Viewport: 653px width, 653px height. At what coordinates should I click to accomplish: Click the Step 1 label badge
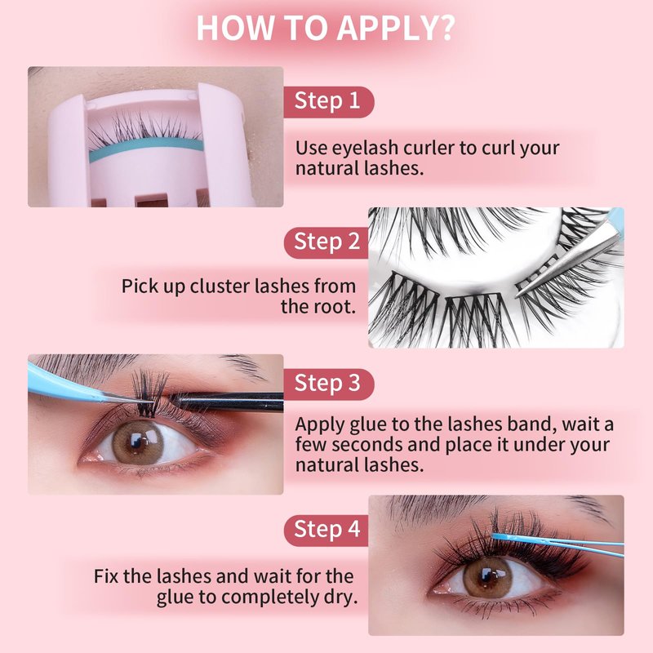[329, 102]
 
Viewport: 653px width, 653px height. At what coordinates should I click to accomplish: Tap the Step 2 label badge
[326, 242]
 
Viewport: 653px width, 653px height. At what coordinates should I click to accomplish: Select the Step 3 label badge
[329, 384]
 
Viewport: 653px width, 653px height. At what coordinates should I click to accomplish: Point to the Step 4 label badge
[326, 530]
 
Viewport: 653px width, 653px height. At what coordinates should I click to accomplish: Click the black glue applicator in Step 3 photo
[227, 402]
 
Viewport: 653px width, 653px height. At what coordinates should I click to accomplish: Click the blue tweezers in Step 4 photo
[558, 544]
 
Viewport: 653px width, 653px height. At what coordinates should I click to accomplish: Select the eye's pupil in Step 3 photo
[137, 442]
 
